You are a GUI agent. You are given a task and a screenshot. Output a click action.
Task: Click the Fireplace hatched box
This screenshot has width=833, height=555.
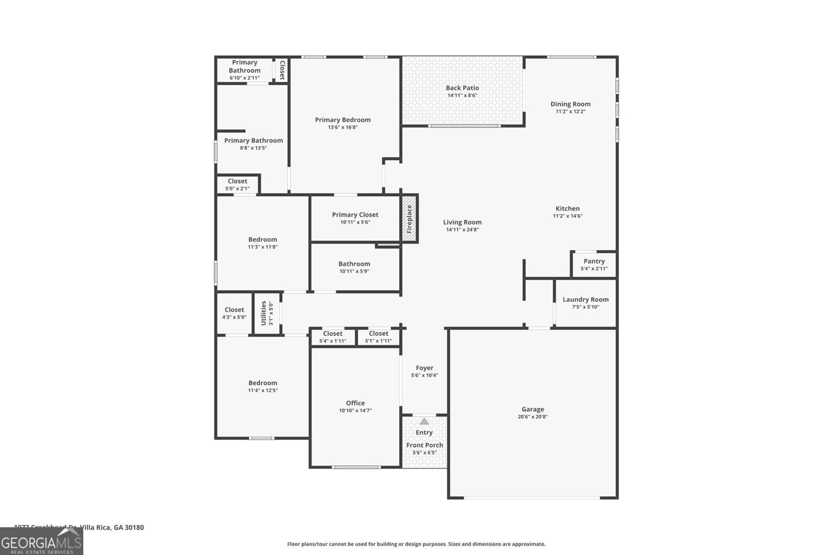pyautogui.click(x=409, y=218)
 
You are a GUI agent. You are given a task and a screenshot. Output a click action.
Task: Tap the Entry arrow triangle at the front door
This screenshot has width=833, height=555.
pyautogui.click(x=424, y=421)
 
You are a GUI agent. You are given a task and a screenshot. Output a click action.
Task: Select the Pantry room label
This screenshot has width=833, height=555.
pyautogui.click(x=594, y=261)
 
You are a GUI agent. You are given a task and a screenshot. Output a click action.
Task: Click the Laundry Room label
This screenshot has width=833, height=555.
pyautogui.click(x=586, y=300)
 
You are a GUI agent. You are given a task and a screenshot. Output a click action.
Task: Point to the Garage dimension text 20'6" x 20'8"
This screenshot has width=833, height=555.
pyautogui.click(x=533, y=417)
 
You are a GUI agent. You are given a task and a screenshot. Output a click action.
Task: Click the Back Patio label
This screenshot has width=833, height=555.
pyautogui.click(x=462, y=88)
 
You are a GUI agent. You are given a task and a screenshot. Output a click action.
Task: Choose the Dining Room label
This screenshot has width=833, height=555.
pyautogui.click(x=571, y=104)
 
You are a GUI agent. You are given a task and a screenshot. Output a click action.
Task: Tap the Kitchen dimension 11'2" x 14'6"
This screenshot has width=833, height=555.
pyautogui.click(x=567, y=216)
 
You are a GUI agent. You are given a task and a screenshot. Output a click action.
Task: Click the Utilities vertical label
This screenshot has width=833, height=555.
pyautogui.click(x=264, y=313)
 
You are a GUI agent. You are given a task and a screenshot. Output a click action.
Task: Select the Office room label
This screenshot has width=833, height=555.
pyautogui.click(x=356, y=403)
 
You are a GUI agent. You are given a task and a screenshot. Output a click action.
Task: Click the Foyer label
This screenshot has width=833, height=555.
pyautogui.click(x=425, y=368)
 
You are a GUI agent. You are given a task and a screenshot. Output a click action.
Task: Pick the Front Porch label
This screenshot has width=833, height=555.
pyautogui.click(x=425, y=445)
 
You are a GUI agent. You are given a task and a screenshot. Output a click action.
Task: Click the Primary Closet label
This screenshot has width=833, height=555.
pyautogui.click(x=355, y=215)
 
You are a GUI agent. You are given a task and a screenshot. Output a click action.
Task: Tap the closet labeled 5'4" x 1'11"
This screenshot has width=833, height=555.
pyautogui.click(x=333, y=337)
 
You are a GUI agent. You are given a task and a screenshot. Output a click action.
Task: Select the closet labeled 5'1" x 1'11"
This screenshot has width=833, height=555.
pyautogui.click(x=378, y=337)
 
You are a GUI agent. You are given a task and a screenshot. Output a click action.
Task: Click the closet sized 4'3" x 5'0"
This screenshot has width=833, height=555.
pyautogui.click(x=234, y=313)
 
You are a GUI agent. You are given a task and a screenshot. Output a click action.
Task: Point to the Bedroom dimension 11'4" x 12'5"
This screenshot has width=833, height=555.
pyautogui.click(x=263, y=391)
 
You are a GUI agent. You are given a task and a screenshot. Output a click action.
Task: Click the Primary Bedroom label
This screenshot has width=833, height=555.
pyautogui.click(x=343, y=120)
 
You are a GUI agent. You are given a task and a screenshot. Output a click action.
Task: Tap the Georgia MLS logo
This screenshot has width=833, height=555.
pyautogui.click(x=42, y=541)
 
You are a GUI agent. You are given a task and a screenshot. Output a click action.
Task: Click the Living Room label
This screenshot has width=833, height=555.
pyautogui.click(x=462, y=223)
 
